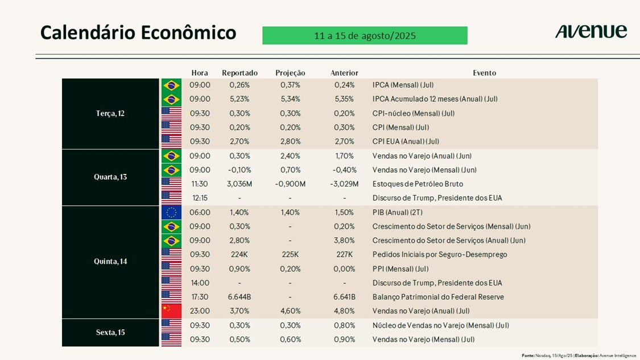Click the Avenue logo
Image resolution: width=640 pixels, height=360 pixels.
(591, 31)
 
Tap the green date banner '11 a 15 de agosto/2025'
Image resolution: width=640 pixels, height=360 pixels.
(365, 36)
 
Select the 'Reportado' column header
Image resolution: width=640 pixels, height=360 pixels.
(240, 73)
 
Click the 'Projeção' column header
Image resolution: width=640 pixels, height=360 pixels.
(290, 73)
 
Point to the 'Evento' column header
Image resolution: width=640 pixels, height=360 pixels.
(484, 73)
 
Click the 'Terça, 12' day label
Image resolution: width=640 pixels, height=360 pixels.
(110, 114)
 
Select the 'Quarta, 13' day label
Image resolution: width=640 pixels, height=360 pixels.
(110, 177)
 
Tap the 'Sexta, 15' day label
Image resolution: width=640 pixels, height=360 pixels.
(110, 332)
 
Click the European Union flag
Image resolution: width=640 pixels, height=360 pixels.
(171, 213)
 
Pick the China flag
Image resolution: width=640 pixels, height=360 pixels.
(171, 311)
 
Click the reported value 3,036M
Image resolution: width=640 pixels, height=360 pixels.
(240, 184)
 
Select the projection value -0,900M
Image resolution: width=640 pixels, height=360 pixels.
(290, 184)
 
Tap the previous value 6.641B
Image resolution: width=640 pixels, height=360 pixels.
(344, 297)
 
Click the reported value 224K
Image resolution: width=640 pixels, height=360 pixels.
(240, 254)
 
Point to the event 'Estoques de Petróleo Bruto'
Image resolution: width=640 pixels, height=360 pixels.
(418, 184)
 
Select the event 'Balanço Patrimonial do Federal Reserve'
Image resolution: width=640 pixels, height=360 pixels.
(438, 297)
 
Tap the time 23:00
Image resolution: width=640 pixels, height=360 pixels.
(200, 311)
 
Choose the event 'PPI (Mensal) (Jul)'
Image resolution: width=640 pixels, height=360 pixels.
(400, 268)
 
